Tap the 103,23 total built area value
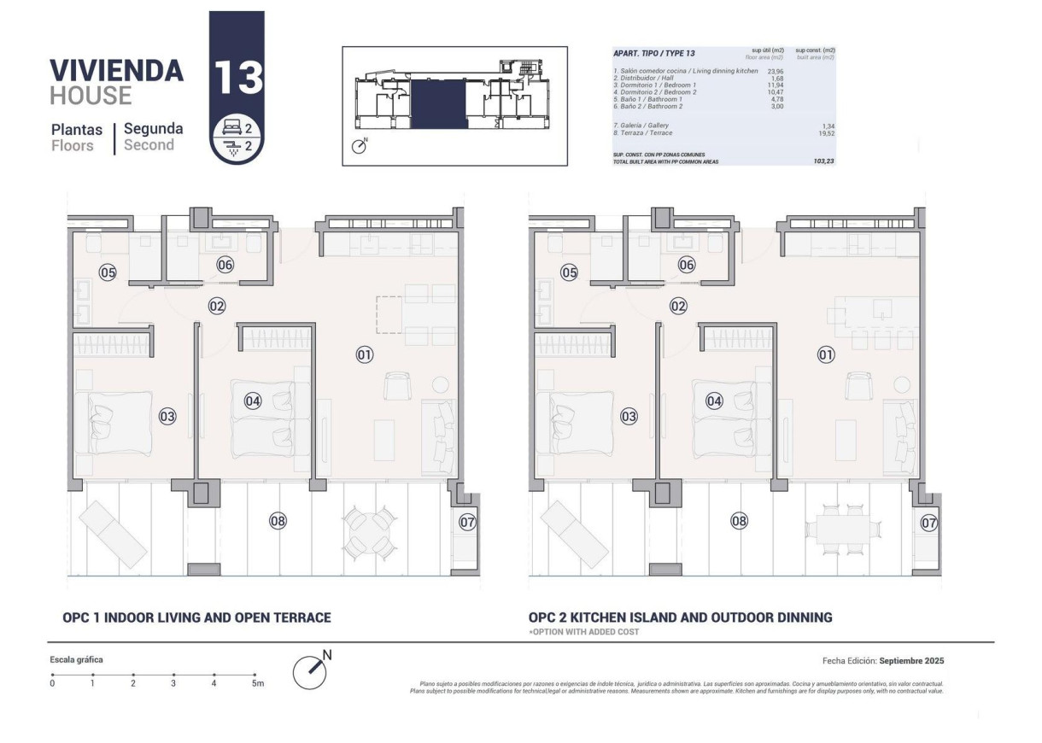tap(823, 161)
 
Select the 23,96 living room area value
tap(776, 71)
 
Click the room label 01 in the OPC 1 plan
tap(365, 354)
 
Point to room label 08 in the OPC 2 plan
tap(739, 520)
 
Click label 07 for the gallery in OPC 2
tap(929, 523)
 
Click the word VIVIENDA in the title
tap(116, 70)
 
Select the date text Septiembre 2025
tap(910, 661)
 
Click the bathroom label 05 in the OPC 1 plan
tap(108, 273)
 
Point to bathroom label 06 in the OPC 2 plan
tap(687, 265)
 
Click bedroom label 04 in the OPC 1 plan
tap(253, 400)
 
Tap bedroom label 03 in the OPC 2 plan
tap(629, 417)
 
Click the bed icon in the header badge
tap(230, 128)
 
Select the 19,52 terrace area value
tap(823, 133)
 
